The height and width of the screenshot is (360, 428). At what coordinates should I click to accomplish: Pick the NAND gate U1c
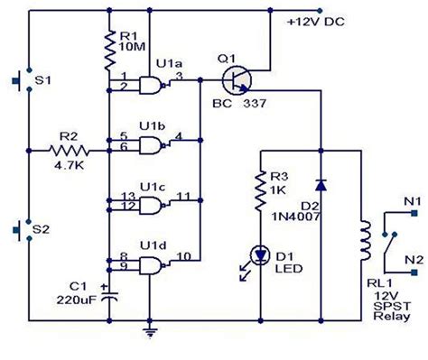click(x=153, y=201)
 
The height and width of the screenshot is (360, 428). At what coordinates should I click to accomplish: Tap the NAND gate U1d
click(x=153, y=263)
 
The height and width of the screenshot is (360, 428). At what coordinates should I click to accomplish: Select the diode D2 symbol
click(x=321, y=184)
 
